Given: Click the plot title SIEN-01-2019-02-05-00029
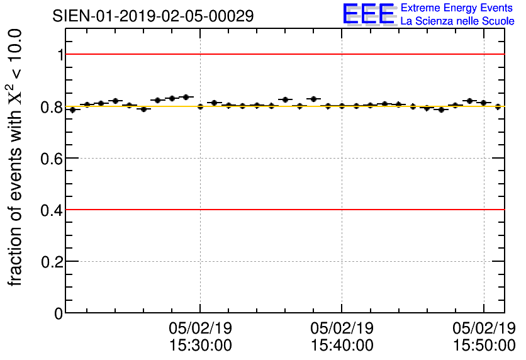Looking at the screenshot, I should [154, 16].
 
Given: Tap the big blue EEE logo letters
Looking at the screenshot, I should [369, 14].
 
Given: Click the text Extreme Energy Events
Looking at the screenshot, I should [457, 8].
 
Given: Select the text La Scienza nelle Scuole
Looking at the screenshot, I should [457, 21].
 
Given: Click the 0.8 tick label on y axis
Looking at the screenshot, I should [52, 107].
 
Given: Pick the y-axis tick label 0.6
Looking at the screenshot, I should [52, 159].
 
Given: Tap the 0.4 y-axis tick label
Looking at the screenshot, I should [52, 210].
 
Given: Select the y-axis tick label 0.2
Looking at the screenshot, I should [52, 262].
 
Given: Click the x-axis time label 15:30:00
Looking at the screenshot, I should [200, 346].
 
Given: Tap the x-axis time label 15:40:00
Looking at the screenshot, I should [342, 346].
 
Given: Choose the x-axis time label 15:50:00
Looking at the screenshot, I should [484, 346].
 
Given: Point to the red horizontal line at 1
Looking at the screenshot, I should [283, 54].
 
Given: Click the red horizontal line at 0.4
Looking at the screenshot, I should [283, 209].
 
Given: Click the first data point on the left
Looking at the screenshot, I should [72, 110].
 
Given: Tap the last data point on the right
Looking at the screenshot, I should [498, 106].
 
